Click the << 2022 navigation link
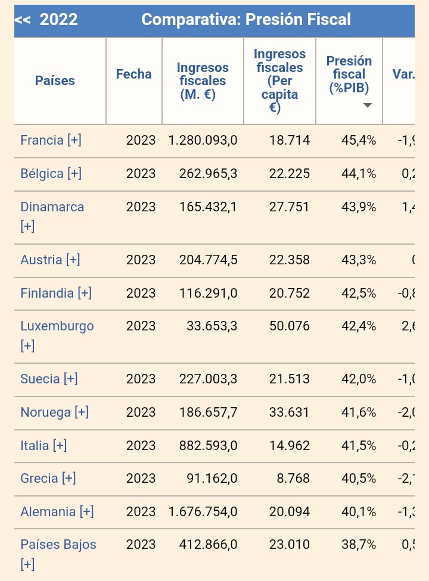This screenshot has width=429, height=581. tap(46, 20)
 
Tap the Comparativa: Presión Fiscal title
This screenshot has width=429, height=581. tap(246, 20)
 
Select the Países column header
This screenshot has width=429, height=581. tap(55, 80)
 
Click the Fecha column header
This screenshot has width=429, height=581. tap(134, 74)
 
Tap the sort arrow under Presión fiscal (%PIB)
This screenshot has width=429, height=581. tap(368, 105)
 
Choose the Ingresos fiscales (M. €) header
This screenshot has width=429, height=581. tap(203, 80)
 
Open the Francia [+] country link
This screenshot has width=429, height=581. tap(51, 140)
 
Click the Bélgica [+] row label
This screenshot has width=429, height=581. tap(51, 174)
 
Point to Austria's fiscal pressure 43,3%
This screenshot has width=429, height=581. tap(359, 260)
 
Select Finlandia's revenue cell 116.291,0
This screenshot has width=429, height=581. tap(208, 293)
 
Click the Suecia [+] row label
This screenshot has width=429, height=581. tap(49, 379)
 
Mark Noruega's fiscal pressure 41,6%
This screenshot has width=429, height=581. tap(359, 412)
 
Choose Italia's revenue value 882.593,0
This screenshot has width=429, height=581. tap(208, 445)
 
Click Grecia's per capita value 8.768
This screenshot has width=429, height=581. tap(293, 478)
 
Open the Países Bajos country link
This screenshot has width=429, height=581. tap(58, 544)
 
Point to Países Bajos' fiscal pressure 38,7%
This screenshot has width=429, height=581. tap(359, 544)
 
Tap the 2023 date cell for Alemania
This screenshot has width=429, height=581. tap(141, 511)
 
